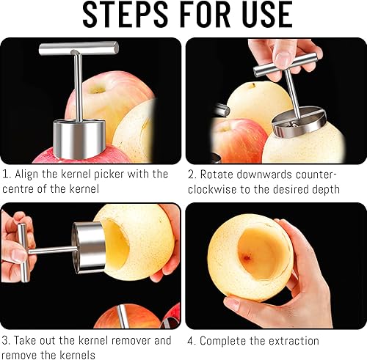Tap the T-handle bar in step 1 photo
[x=79, y=48]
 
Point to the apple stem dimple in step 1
[x=98, y=90]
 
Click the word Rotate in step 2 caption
[x=217, y=175]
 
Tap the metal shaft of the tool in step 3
[x=52, y=250]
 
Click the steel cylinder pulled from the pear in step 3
[x=89, y=247]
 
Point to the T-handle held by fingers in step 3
[x=23, y=253]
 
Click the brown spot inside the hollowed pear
[x=247, y=257]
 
